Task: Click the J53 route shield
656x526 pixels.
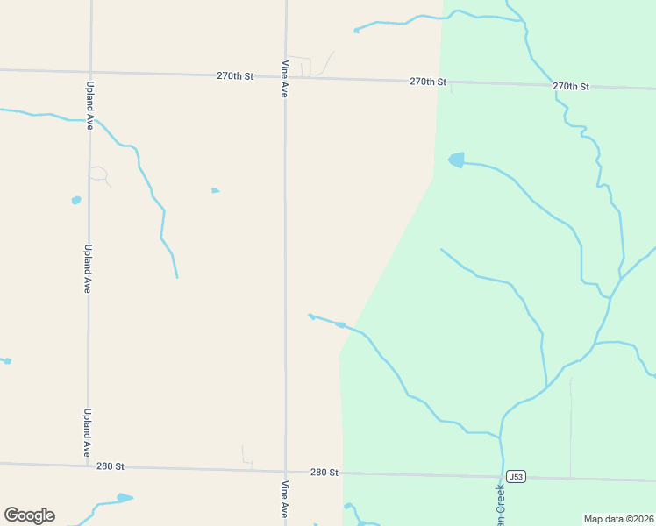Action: coord(517,477)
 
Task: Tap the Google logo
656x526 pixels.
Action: coord(29,515)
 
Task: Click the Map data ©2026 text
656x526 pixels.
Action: coord(618,519)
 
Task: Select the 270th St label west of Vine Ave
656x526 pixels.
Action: coord(235,76)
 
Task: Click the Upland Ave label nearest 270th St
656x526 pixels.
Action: coord(89,106)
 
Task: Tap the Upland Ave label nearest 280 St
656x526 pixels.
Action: coord(87,432)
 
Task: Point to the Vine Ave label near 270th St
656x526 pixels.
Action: coord(284,78)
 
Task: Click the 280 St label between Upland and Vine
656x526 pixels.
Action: coord(111,466)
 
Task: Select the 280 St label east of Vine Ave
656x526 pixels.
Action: coord(324,472)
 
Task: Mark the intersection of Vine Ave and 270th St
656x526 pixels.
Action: coord(285,77)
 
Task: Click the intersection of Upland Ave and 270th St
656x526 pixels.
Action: coord(89,72)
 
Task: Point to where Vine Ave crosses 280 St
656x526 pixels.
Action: coord(285,470)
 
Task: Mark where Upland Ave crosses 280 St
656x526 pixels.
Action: coord(88,465)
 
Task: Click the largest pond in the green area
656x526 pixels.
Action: coord(456,160)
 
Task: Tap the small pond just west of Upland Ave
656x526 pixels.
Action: coord(76,201)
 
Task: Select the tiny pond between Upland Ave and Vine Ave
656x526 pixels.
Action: coord(215,190)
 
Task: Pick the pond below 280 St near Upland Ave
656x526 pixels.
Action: coord(124,498)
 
